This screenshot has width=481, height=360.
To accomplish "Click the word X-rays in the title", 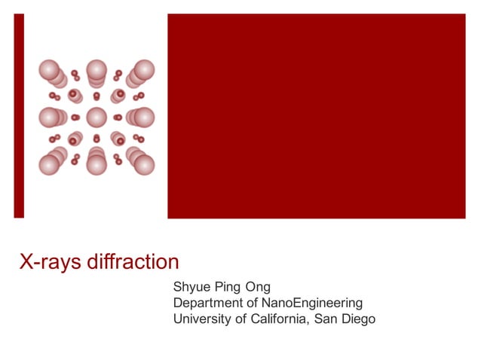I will click(x=47, y=262).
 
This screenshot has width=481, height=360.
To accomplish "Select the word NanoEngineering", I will click(x=314, y=303).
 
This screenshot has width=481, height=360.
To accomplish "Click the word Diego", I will click(x=359, y=319).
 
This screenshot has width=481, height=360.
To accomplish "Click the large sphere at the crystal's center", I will click(x=97, y=117).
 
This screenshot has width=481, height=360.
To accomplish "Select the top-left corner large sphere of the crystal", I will click(x=50, y=71).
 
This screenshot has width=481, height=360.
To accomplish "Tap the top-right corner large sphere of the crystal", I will click(x=143, y=71).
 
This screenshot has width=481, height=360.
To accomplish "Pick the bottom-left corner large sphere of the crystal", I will click(x=50, y=164).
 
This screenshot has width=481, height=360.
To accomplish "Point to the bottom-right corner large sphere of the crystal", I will click(x=143, y=164).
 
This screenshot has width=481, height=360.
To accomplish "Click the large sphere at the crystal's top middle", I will click(x=97, y=71).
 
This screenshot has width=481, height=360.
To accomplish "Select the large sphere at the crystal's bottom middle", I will click(x=97, y=164).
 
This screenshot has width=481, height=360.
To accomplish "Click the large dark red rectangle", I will click(x=316, y=116).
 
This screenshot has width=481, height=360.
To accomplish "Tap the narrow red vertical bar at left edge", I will click(x=19, y=116).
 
